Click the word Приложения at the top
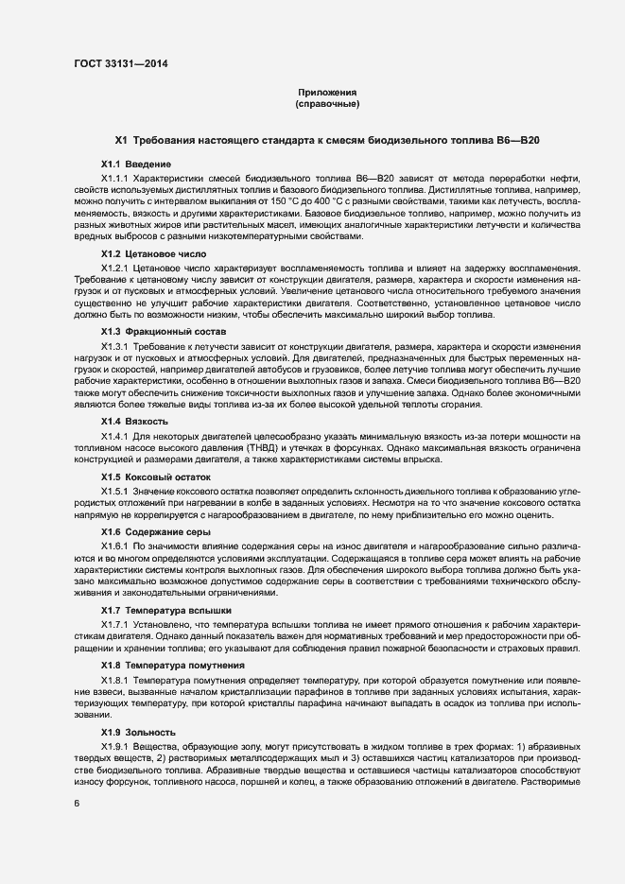point(327,92)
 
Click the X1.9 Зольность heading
point(138,734)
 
